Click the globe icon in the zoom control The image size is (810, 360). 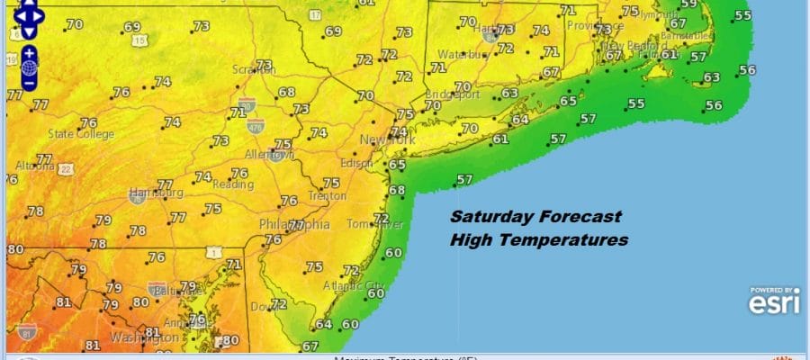click(30, 67)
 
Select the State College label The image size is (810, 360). click(81, 135)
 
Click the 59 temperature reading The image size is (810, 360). click(689, 4)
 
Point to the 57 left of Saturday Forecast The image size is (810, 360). click(464, 180)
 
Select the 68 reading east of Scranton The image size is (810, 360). click(287, 92)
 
